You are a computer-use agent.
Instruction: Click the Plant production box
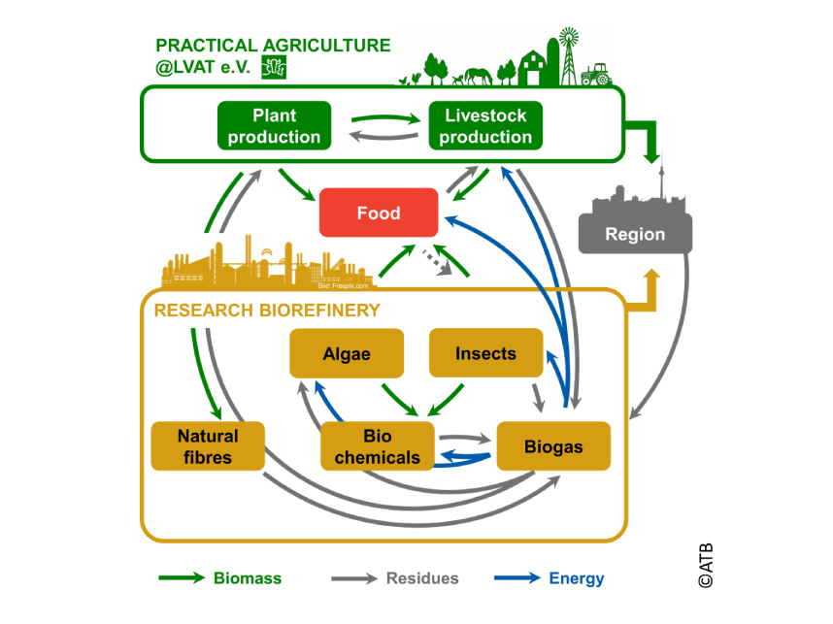(274, 126)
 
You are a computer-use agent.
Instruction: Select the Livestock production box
(485, 126)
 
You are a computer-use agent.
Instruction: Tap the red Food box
(379, 213)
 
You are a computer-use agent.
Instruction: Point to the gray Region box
(635, 234)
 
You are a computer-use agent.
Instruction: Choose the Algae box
(347, 353)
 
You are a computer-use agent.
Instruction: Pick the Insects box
(485, 353)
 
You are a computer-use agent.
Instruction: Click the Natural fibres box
(208, 446)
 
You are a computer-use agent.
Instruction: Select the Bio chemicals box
(378, 446)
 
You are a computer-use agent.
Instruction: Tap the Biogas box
(553, 446)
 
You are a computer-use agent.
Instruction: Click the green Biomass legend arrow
(183, 578)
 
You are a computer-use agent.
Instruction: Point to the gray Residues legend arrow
(353, 578)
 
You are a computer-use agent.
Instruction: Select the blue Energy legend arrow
(516, 578)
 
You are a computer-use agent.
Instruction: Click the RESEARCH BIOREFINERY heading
(267, 311)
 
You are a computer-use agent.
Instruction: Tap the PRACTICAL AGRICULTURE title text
(273, 46)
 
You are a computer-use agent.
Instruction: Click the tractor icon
(595, 75)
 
